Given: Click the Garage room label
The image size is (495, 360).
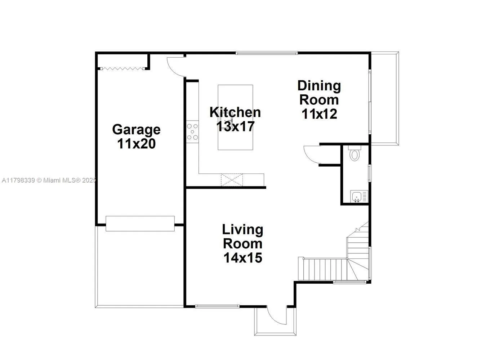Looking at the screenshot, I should tap(136, 129).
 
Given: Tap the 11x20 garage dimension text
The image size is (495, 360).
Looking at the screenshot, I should tap(136, 144).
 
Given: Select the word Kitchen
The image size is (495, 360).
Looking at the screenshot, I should tap(235, 112).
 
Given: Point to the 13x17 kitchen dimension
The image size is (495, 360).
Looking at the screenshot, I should tap(235, 126).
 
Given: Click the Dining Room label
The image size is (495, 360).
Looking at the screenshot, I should tap(319, 93).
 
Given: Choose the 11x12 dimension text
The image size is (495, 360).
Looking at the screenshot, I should tap(319, 114).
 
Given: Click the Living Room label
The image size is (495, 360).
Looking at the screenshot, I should tap(242, 236).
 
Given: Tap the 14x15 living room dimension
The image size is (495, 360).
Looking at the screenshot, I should tap(242, 258).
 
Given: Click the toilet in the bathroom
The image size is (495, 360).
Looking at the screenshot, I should tap(355, 154).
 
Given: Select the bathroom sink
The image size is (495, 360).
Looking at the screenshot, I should tap(357, 197).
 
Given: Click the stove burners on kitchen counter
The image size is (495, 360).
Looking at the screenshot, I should tap(192, 132).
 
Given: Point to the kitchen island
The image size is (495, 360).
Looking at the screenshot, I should tap(235, 117).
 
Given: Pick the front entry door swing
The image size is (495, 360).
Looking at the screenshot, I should tap(276, 315).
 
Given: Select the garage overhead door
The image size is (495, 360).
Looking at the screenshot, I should tap(140, 224).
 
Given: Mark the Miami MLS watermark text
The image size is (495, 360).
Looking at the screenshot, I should tap(49, 180).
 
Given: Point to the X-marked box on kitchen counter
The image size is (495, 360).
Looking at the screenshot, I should tap(232, 180).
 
